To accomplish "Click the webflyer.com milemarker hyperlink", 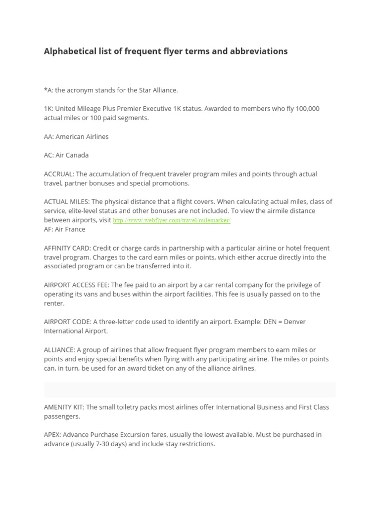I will pyautogui.click(x=172, y=220).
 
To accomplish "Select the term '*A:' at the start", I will pyautogui.click(x=48, y=90).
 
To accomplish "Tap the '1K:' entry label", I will pyautogui.click(x=48, y=109).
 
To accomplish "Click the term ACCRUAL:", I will pyautogui.click(x=59, y=174).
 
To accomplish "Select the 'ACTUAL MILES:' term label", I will pyautogui.click(x=67, y=202).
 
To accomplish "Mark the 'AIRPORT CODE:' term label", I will pyautogui.click(x=67, y=322).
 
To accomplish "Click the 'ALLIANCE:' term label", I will pyautogui.click(x=59, y=350).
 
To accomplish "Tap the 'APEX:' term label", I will pyautogui.click(x=52, y=435).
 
